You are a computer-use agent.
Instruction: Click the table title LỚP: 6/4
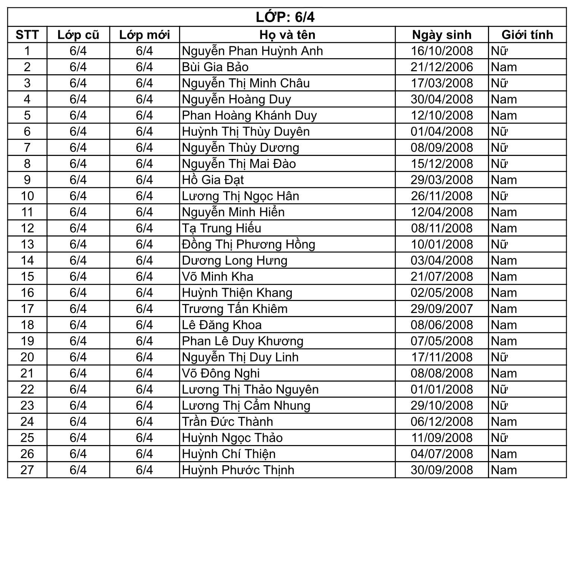(285, 17)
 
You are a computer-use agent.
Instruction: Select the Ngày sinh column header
(442, 35)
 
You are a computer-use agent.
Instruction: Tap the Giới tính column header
(527, 35)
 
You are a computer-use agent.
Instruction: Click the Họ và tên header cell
(287, 35)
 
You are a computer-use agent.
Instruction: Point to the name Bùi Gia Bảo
(215, 67)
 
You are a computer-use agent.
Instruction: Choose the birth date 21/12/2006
(442, 67)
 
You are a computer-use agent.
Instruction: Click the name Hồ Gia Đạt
(213, 180)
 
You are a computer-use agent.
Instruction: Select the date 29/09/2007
(442, 309)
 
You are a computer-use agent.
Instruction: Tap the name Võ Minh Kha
(217, 276)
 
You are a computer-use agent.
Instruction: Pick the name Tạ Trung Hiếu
(222, 228)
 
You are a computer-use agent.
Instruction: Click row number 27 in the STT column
(27, 470)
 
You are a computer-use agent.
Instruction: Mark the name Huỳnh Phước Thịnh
(238, 470)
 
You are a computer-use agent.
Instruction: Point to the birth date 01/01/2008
(442, 389)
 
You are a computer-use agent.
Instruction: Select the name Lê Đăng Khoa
(222, 325)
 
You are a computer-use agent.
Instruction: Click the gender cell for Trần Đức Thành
(504, 422)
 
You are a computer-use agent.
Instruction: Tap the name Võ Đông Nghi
(220, 373)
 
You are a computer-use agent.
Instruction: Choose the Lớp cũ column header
(78, 35)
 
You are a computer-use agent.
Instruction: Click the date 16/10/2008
(442, 51)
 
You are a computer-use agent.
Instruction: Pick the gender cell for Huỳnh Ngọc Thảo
(500, 438)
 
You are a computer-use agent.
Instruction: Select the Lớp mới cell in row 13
(144, 244)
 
